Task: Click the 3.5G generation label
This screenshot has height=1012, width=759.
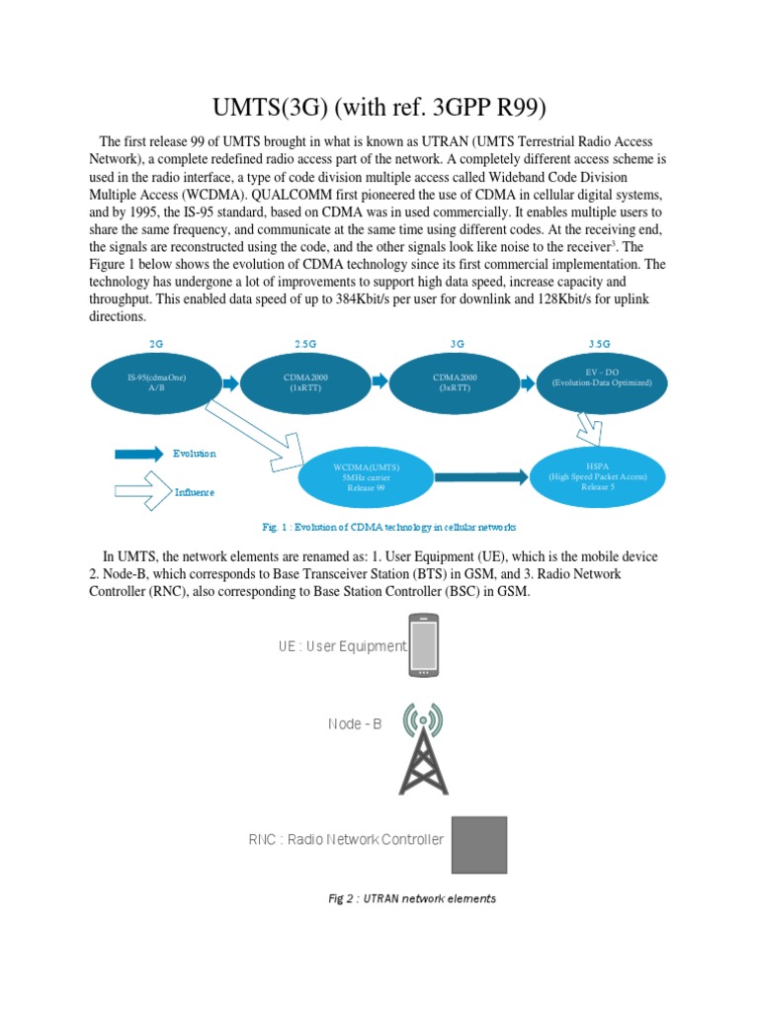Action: [x=600, y=343]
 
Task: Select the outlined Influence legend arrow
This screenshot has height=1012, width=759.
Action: [x=140, y=489]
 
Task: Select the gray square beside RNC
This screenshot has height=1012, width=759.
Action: [x=479, y=844]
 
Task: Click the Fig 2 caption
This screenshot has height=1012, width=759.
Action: [x=412, y=899]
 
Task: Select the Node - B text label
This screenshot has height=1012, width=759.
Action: [x=355, y=724]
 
